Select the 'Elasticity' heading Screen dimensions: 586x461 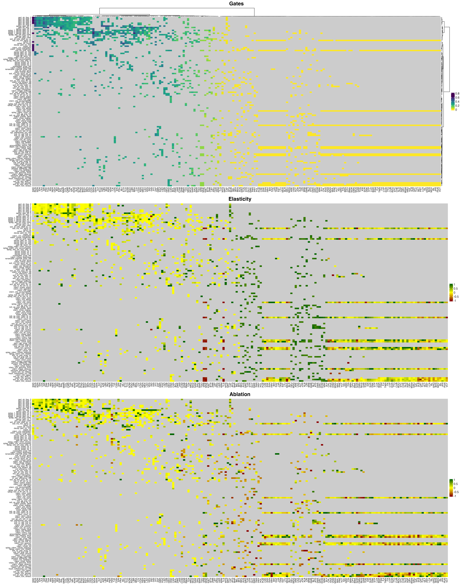(x=240, y=199)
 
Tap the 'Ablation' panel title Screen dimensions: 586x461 (x=240, y=394)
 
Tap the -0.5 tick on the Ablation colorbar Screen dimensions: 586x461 (x=456, y=492)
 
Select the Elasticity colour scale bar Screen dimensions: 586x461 (x=451, y=292)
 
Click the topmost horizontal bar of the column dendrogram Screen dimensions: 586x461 (x=177, y=8)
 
